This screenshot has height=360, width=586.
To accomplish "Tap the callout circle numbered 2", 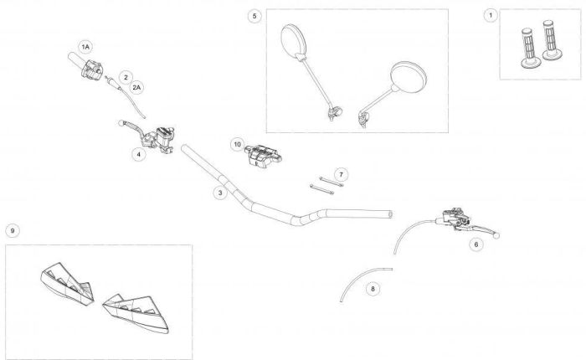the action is [x=126, y=76].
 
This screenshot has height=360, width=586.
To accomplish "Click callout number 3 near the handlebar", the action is [x=219, y=193].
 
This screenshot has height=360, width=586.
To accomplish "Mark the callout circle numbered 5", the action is [x=254, y=16].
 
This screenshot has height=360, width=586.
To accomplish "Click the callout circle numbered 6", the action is [x=475, y=244].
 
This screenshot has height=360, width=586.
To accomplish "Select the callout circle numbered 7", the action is [x=342, y=173].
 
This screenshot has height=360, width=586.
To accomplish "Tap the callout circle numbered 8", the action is [x=373, y=288].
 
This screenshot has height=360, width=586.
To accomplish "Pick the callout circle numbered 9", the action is [x=12, y=230].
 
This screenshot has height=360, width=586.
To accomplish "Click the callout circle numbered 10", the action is [x=237, y=144].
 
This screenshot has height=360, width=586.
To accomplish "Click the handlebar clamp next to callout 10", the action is [x=265, y=156].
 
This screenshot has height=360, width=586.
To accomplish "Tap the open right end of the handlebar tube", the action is [x=389, y=214].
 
